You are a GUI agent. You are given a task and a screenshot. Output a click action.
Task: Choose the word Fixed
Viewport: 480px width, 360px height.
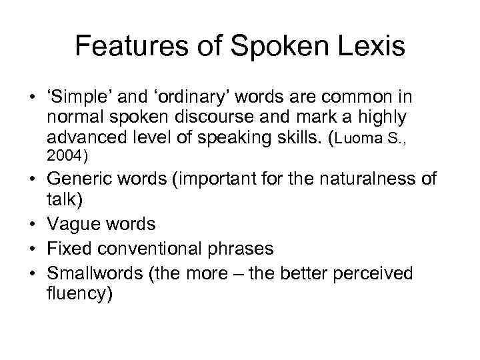click(x=68, y=249)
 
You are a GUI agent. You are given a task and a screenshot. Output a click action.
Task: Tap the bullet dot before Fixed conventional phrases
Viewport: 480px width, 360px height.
click(x=31, y=249)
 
